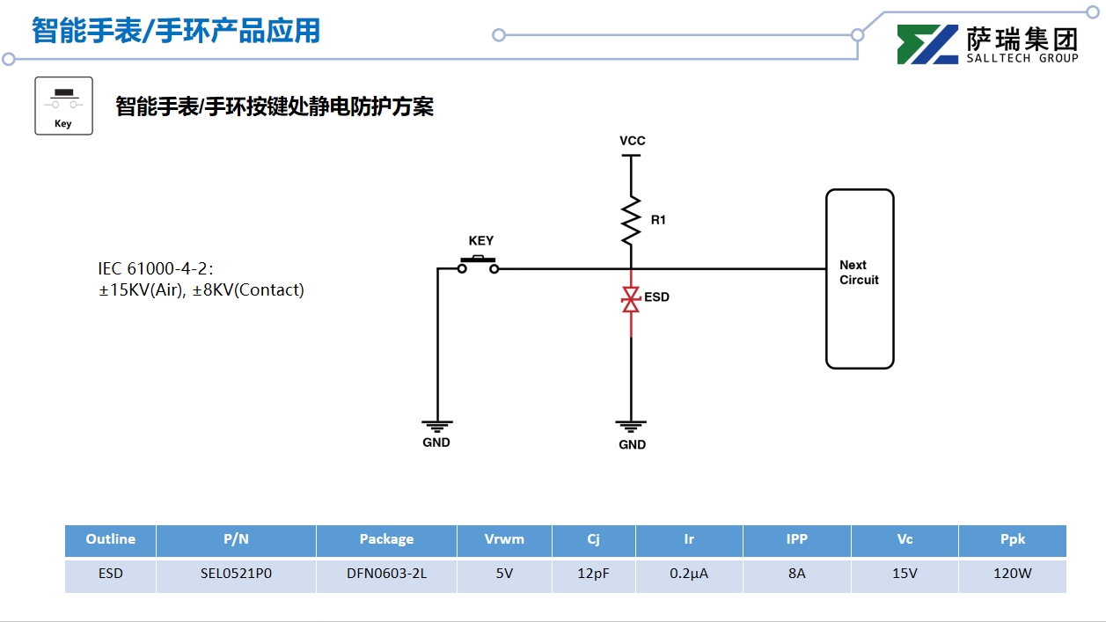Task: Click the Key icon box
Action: pos(63,106)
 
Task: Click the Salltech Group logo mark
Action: pos(927,44)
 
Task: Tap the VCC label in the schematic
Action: pos(632,141)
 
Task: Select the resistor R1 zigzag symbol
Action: pos(631,221)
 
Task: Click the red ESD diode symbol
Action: pos(630,299)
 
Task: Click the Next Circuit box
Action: pos(859,278)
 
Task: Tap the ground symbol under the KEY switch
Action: pos(436,426)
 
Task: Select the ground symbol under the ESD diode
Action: pos(632,427)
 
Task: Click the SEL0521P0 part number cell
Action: pos(236,574)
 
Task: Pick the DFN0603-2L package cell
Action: pos(386,574)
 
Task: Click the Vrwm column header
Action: pos(504,539)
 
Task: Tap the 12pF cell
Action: pos(593,574)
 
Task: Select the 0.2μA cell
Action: pos(689,574)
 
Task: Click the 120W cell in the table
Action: pos(1012,574)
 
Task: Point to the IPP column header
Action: pos(796,539)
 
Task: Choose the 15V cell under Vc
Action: pos(905,574)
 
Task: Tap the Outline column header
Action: pos(111,539)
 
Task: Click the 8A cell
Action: pos(796,574)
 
